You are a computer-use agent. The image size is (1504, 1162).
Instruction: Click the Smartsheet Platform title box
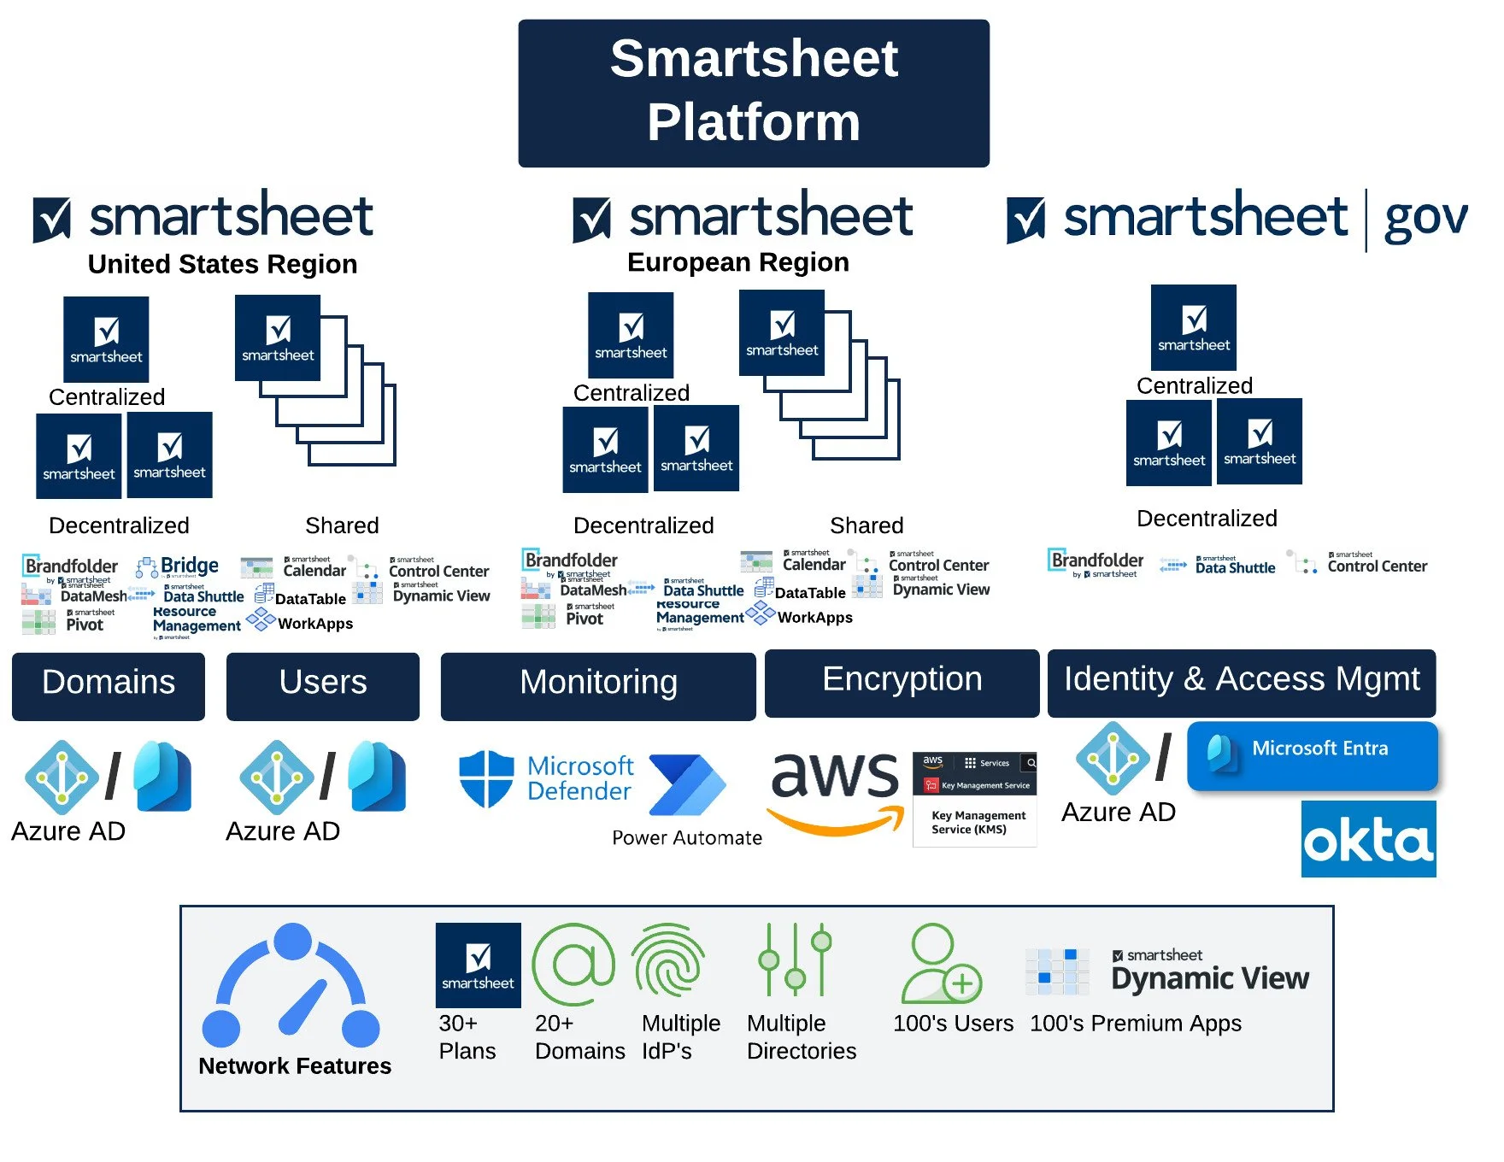pos(753,92)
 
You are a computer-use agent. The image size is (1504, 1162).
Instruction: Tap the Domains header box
pos(109,685)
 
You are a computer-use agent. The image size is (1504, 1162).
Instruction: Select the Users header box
pos(322,685)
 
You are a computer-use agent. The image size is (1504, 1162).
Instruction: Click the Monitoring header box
pos(598,685)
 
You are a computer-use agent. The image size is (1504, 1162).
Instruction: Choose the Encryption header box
pos(902,682)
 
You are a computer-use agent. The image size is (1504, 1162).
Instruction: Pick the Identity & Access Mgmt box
pos(1241,682)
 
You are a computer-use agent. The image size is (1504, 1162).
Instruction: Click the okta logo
pos(1368,839)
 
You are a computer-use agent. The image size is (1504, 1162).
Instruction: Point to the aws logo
pos(836,789)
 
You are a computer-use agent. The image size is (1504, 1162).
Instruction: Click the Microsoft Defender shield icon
pos(486,778)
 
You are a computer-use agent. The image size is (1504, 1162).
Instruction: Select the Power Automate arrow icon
pos(686,784)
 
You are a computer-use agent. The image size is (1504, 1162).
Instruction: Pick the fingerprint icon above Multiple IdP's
pos(668,964)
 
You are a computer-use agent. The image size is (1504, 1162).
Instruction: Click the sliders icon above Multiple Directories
pos(795,960)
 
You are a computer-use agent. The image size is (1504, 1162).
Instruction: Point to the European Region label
pos(737,262)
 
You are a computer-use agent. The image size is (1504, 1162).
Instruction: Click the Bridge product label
pos(189,566)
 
